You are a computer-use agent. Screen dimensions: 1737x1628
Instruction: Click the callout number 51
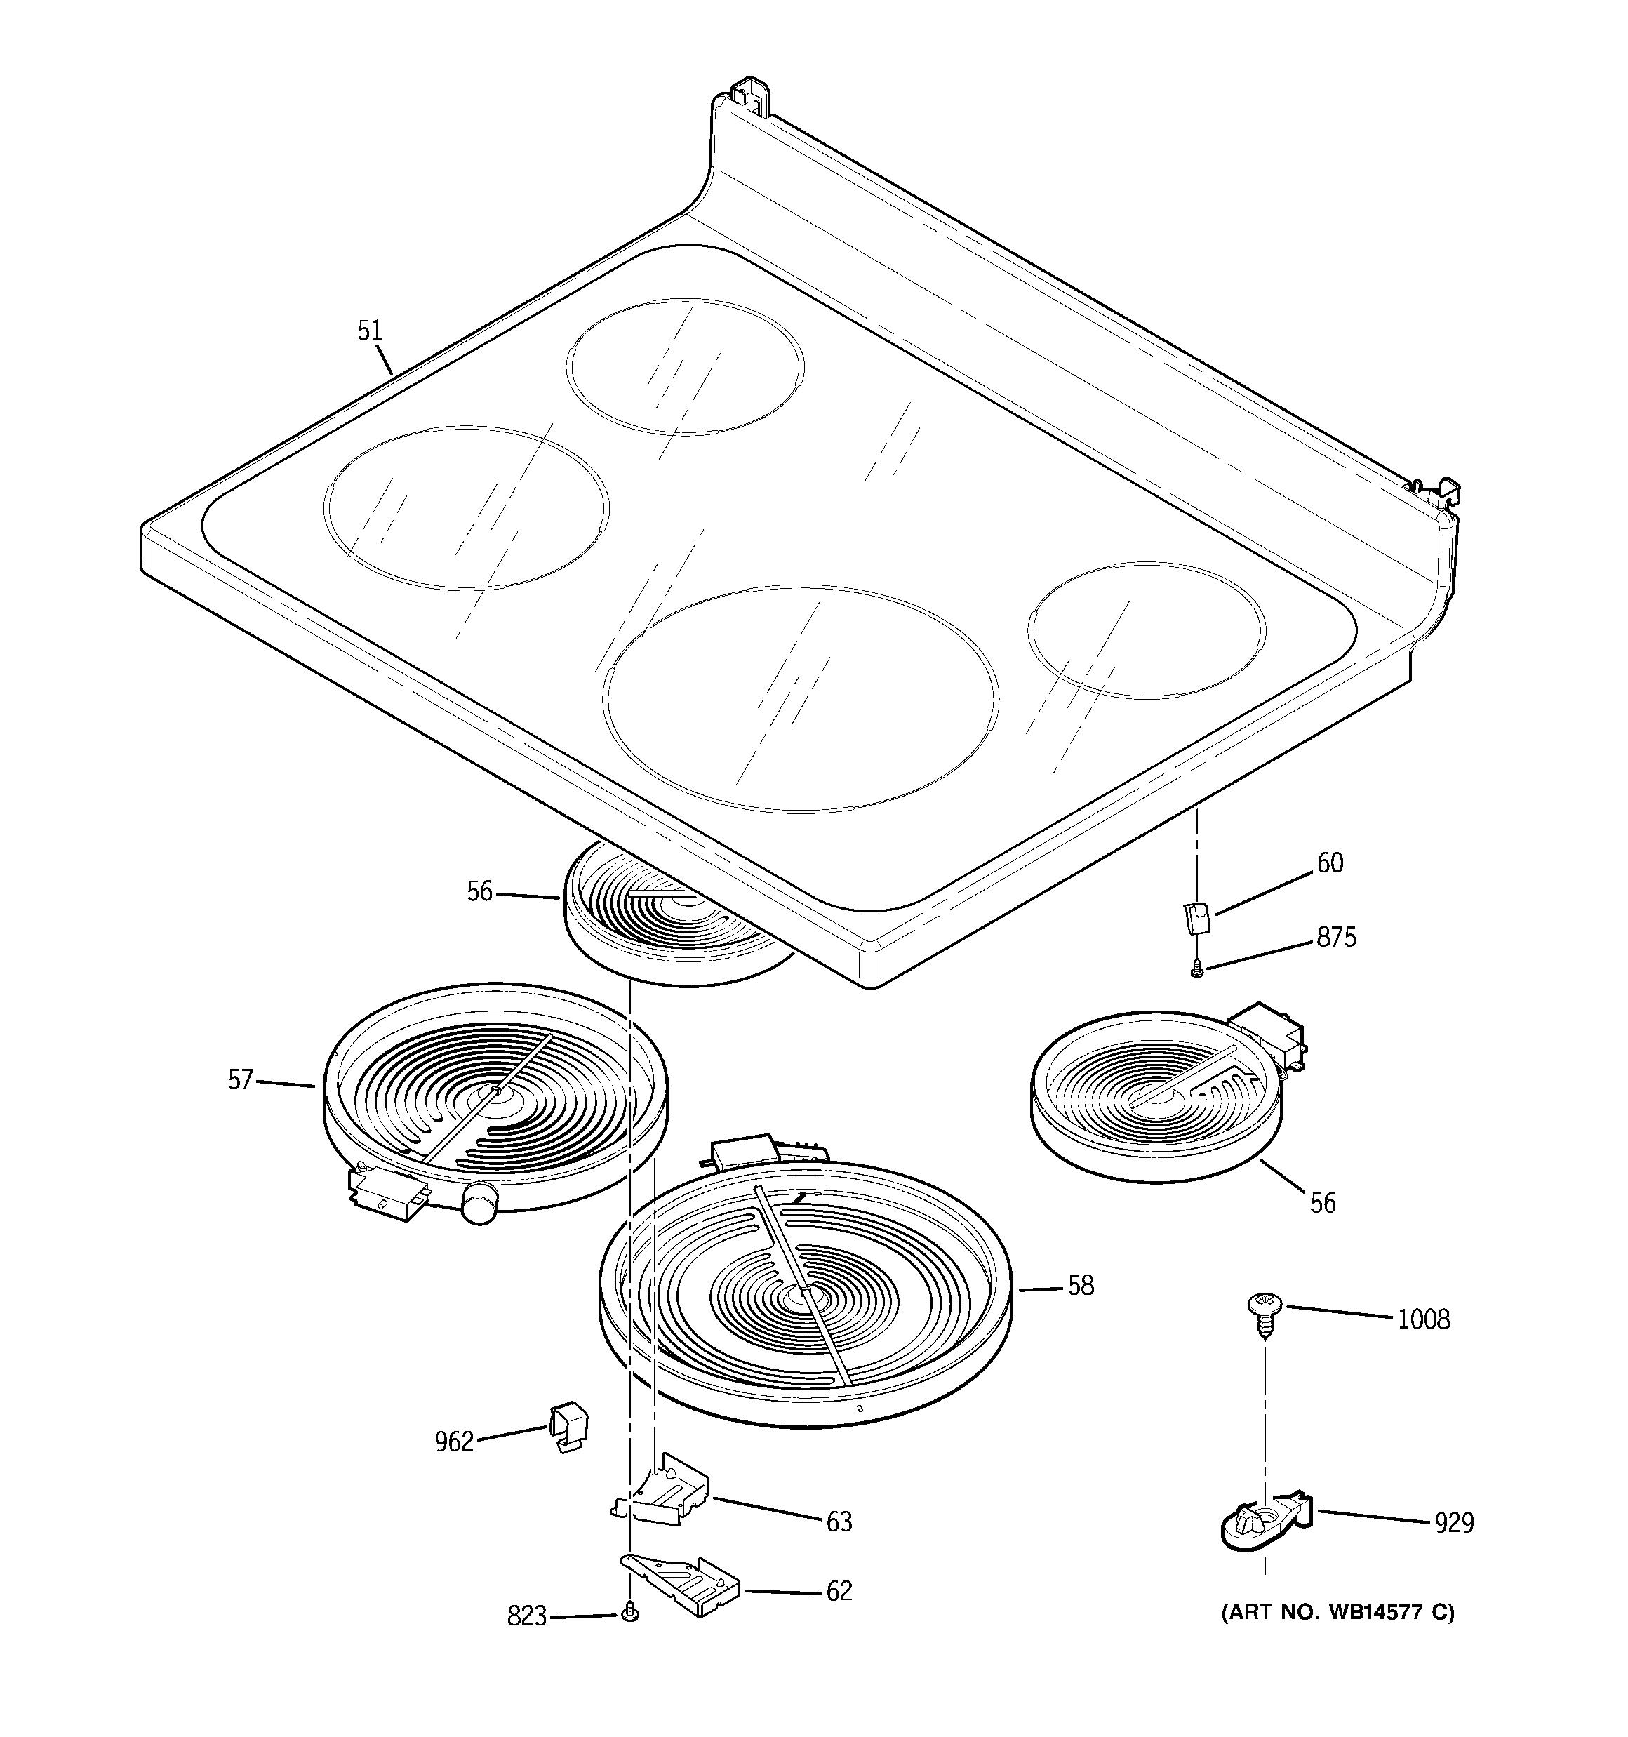click(370, 331)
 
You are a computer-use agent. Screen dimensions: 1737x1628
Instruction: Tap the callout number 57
click(240, 1080)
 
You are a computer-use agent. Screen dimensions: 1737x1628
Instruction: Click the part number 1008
click(1424, 1319)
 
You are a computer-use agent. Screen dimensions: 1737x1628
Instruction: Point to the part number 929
click(1454, 1523)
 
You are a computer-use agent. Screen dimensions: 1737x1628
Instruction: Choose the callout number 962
click(453, 1442)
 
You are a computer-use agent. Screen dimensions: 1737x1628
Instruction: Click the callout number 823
click(526, 1617)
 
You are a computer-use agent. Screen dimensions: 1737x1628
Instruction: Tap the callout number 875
click(1336, 938)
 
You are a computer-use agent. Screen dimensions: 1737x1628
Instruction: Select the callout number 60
click(1329, 863)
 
